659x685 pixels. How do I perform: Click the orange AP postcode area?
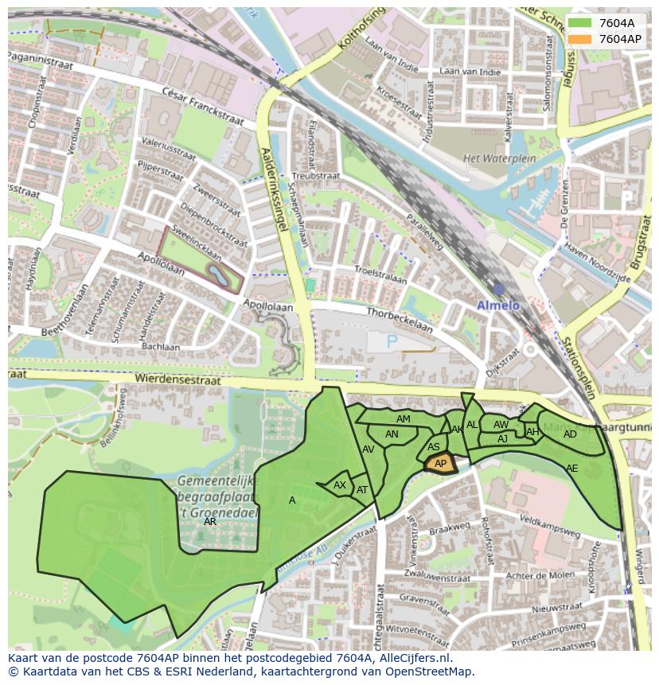[x=440, y=463]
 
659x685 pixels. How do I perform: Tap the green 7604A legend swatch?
[x=580, y=23]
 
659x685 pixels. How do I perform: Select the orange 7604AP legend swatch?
[x=580, y=39]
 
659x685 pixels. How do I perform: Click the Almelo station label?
[x=497, y=305]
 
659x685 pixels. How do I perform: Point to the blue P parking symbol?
[x=391, y=341]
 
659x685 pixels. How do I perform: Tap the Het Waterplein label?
[x=493, y=158]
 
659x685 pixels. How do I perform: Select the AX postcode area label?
[x=340, y=485]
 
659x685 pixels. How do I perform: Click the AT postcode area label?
[x=362, y=490]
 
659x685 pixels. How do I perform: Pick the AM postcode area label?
[x=404, y=419]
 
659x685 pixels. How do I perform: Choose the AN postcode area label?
[x=392, y=434]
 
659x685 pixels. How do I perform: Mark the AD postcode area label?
[x=570, y=434]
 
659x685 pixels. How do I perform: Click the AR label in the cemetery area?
[x=210, y=523]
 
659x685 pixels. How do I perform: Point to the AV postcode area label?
[x=368, y=450]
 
